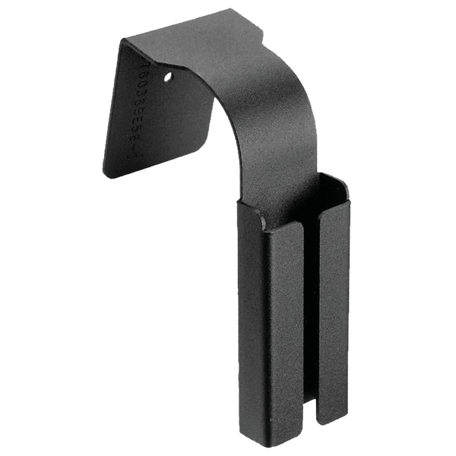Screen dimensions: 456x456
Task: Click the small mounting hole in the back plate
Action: [x=168, y=76]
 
